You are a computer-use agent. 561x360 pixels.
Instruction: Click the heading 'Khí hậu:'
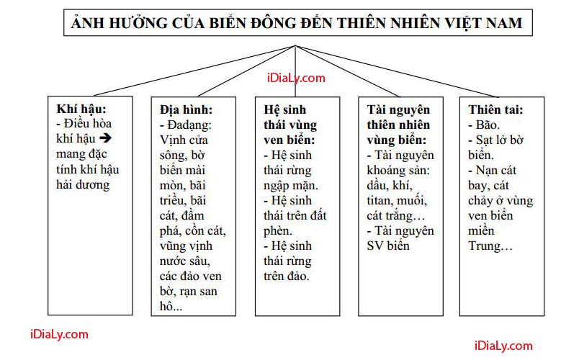tap(81, 109)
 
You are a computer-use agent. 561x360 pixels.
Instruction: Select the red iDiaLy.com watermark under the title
tap(295, 78)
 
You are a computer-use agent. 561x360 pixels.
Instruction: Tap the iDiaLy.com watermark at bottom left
tap(49, 334)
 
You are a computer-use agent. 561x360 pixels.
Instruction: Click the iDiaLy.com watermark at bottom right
tap(503, 346)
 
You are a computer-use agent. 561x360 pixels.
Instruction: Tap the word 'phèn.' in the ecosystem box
tap(279, 230)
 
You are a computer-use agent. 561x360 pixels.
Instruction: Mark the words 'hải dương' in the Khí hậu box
tap(84, 184)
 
